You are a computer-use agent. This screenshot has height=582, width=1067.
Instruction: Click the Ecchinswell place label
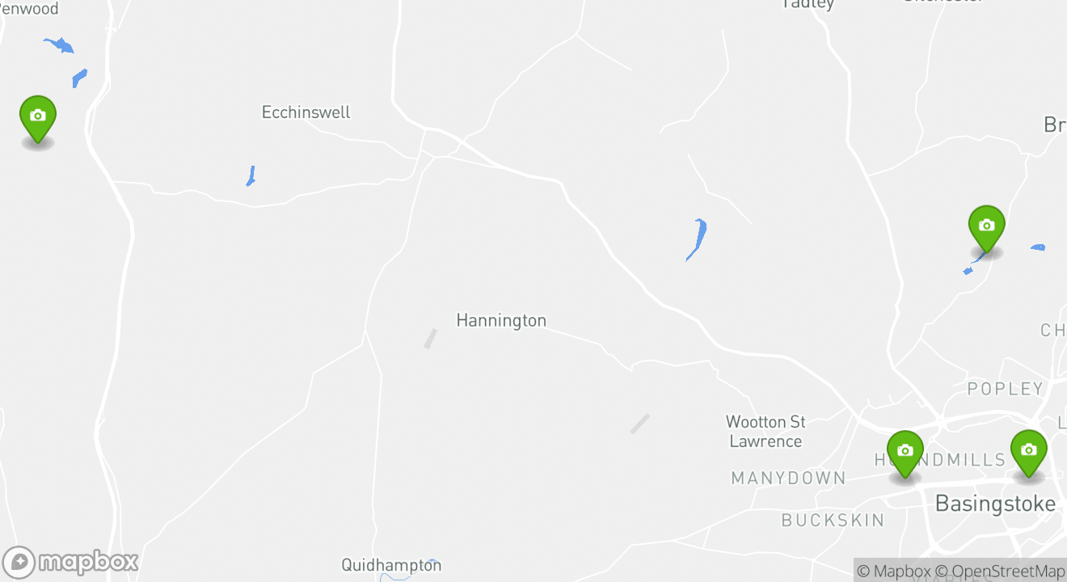306,112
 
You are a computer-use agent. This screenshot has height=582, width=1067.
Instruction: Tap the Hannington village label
501,321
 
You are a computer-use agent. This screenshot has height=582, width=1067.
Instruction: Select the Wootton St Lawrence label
765,432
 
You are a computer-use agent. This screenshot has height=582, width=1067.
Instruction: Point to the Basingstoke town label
995,504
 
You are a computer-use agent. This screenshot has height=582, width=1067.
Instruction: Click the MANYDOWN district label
788,479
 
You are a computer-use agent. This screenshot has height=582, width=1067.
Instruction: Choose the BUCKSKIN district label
833,520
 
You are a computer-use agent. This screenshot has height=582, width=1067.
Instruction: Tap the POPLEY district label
1006,389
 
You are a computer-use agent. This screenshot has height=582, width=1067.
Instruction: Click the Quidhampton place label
391,565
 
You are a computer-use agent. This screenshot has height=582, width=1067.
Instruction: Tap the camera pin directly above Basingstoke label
1028,453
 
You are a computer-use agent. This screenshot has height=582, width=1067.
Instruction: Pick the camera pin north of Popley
986,228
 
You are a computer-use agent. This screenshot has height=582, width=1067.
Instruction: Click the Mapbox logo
71,562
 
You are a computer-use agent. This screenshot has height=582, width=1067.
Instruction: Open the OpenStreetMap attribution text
1008,571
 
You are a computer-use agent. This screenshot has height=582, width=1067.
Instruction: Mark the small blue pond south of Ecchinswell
251,176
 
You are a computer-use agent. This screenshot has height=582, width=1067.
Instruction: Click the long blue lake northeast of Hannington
697,238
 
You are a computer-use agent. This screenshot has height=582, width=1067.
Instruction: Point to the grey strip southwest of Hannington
430,339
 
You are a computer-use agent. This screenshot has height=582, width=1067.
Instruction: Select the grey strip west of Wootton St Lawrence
639,424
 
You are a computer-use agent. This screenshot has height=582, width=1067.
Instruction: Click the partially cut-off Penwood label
29,9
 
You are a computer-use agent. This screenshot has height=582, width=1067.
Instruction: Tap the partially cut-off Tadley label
808,5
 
